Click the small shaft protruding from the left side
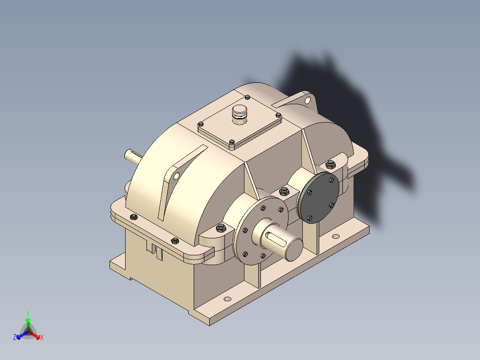click(133, 155)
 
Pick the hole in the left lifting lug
click(177, 176)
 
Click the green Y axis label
click(28, 313)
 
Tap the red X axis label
click(42, 338)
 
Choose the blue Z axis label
click(15, 338)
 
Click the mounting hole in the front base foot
click(228, 299)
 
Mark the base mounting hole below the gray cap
click(335, 236)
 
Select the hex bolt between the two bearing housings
click(284, 192)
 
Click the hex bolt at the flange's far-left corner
click(133, 217)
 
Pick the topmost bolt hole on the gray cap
click(331, 180)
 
